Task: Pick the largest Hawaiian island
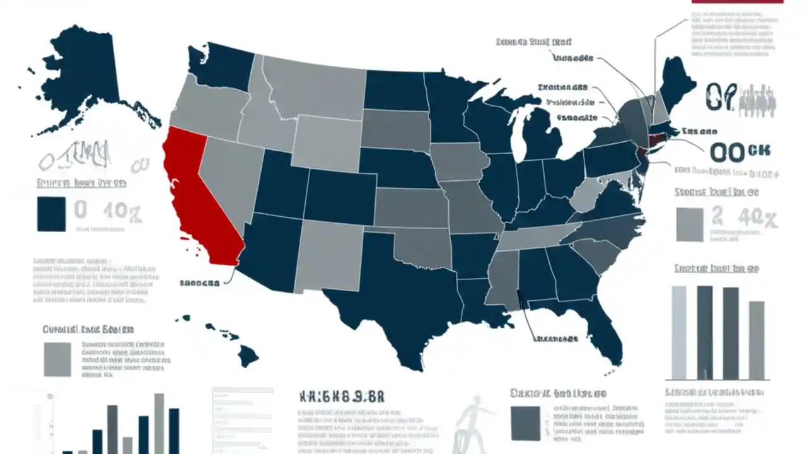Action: coord(248,356)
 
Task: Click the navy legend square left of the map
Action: coord(51,214)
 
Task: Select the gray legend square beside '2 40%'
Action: coord(689,224)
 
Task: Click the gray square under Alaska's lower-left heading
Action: coord(57,359)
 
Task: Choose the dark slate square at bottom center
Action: coord(525,422)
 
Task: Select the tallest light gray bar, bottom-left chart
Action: coord(160,422)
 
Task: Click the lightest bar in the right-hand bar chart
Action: coord(679,332)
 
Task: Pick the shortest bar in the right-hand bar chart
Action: coord(757,340)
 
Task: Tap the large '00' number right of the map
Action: coord(728,152)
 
